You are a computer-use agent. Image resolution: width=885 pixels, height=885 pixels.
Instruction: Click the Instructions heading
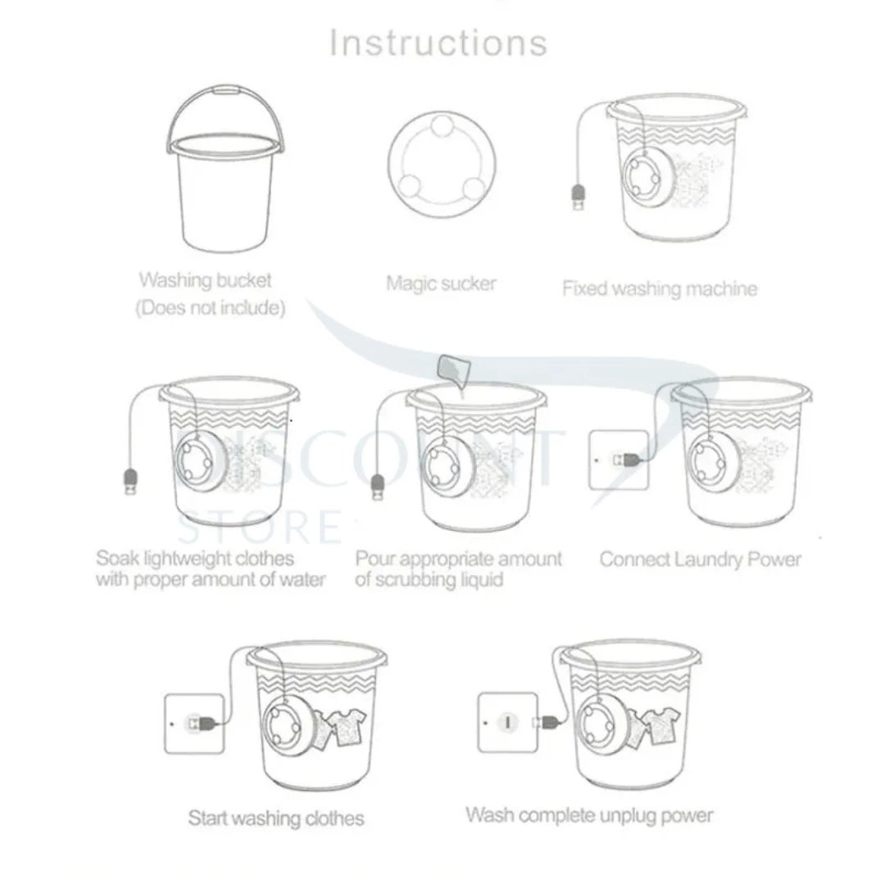coord(438,43)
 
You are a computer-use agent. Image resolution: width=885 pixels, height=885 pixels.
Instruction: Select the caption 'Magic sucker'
coord(441,284)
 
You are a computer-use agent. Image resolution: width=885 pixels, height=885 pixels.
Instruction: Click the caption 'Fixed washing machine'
coord(659,288)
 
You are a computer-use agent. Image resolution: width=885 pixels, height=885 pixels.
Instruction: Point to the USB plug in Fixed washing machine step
coord(579,197)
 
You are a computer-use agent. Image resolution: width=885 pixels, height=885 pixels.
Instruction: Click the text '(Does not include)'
coord(210,309)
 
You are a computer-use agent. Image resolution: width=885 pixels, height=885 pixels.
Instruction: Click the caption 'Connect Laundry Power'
coord(700,560)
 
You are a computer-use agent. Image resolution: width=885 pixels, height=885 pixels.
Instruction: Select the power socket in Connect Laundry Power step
coord(616,461)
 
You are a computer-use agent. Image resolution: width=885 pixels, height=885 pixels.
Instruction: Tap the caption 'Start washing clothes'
coord(276,818)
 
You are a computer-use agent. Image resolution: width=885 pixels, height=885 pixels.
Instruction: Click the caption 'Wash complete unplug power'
coord(588,815)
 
